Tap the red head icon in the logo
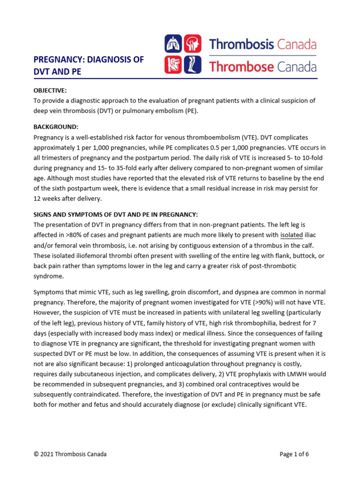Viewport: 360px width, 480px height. pyautogui.click(x=192, y=44)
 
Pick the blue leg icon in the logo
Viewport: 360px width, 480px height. pyautogui.click(x=192, y=65)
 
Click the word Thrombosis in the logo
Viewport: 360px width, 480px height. pyautogui.click(x=241, y=45)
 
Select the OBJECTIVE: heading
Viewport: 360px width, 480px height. pyautogui.click(x=50, y=90)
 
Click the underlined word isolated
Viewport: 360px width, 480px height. pyautogui.click(x=292, y=235)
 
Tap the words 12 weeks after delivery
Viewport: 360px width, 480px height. pyautogui.click(x=68, y=198)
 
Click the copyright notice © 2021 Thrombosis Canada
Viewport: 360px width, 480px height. pyautogui.click(x=70, y=454)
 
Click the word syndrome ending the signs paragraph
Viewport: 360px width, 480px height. pyautogui.click(x=48, y=276)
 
